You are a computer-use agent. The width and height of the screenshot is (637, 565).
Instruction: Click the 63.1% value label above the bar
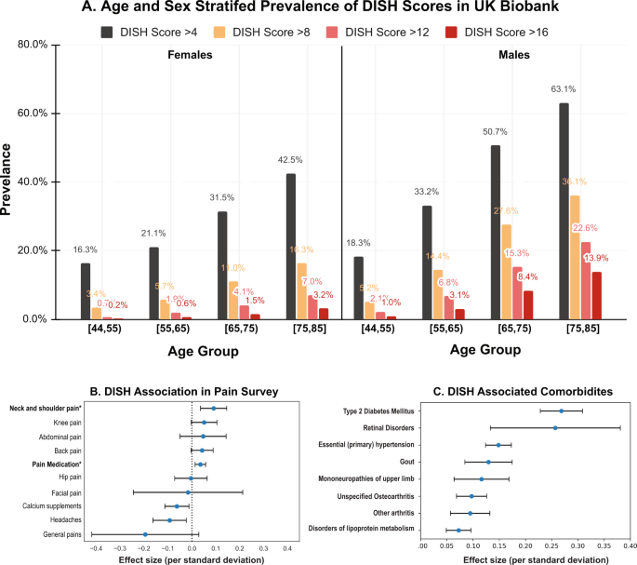point(564,90)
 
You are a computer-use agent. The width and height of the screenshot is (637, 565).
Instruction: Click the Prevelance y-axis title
point(10,182)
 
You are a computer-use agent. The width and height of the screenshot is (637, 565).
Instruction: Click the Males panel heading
point(511,55)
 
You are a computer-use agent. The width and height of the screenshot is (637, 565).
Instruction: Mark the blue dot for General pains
point(145,534)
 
